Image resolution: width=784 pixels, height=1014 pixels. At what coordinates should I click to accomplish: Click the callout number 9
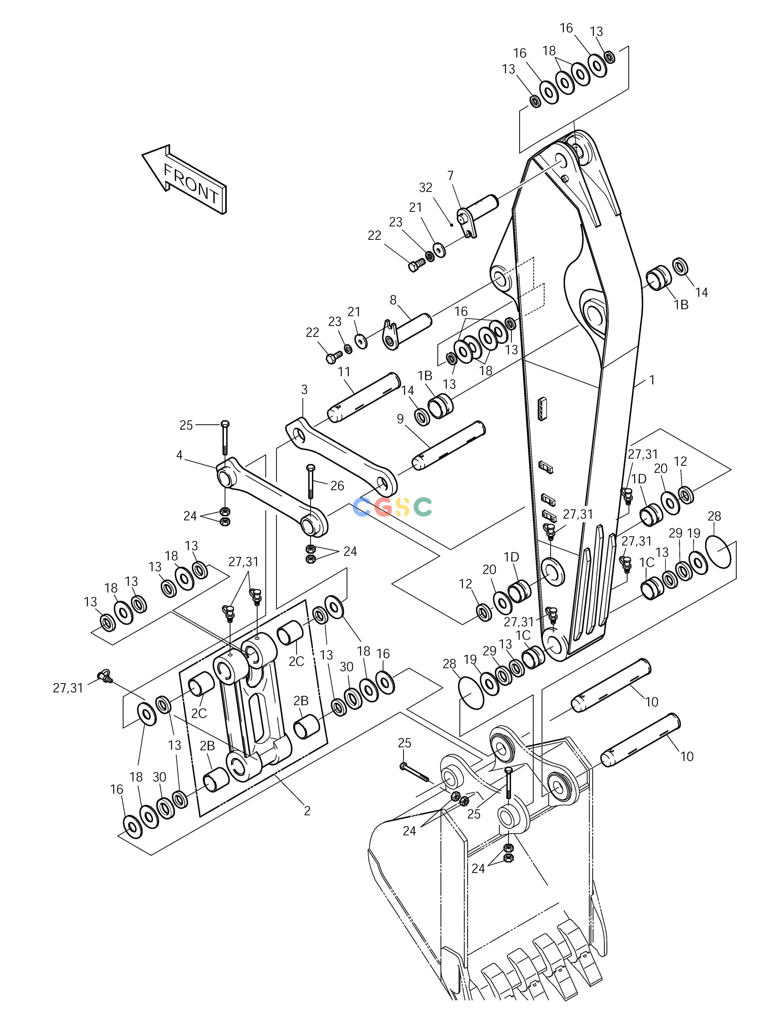tap(400, 419)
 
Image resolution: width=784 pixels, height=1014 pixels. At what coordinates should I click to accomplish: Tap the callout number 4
tap(180, 455)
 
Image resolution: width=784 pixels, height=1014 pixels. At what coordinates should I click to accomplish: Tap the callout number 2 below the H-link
tap(307, 811)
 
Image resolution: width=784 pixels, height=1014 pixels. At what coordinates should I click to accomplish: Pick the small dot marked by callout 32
tap(451, 225)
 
